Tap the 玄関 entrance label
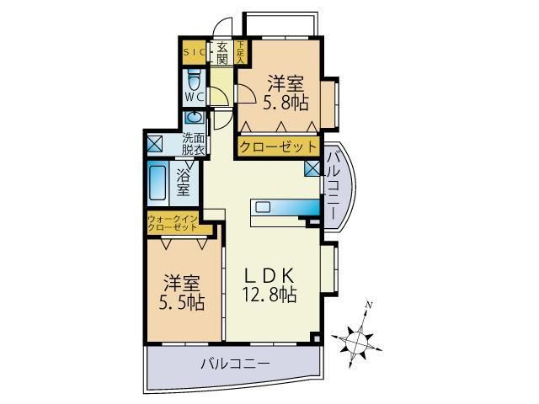click(x=222, y=53)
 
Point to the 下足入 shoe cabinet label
click(x=240, y=53)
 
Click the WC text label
click(x=195, y=97)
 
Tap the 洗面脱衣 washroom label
click(x=194, y=144)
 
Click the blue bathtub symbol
click(x=157, y=180)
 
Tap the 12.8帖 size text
click(x=269, y=295)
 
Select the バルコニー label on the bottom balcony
click(x=235, y=364)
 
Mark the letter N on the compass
click(x=368, y=304)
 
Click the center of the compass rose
click(x=357, y=340)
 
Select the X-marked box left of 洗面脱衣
click(x=155, y=143)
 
